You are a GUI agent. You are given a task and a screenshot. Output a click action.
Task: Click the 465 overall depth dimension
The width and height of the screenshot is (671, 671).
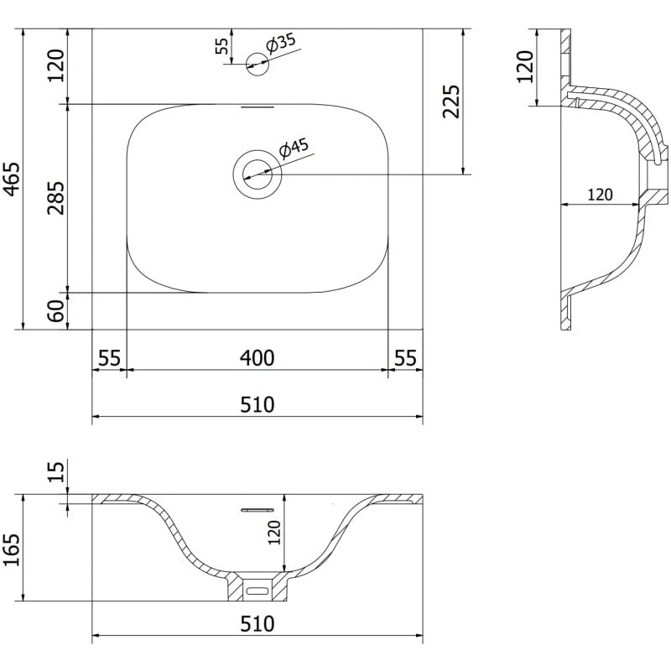[12, 179]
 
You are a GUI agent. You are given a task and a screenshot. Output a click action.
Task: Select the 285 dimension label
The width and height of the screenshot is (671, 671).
[56, 199]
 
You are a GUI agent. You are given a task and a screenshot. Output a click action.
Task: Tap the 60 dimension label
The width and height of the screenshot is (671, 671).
[56, 311]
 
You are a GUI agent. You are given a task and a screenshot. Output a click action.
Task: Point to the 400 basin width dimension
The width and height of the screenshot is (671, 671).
[257, 358]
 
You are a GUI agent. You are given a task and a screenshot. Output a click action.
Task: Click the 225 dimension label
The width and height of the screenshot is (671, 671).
[451, 101]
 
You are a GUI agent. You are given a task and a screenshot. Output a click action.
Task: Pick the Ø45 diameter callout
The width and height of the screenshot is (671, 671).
[294, 148]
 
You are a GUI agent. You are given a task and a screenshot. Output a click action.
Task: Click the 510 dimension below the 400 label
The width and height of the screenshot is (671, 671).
[257, 405]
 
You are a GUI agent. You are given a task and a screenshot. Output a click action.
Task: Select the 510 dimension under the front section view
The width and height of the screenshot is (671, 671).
[257, 625]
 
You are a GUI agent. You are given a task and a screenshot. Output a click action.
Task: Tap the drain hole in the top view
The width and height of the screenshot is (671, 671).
[257, 174]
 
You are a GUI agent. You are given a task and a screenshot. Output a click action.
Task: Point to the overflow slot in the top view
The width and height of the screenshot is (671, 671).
[257, 107]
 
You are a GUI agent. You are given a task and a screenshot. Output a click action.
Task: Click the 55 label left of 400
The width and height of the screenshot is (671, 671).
[108, 358]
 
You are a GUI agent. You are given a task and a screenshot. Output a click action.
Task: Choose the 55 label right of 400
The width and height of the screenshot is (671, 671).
[405, 358]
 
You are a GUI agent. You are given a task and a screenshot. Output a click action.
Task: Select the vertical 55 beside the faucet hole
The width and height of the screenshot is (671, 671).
[221, 45]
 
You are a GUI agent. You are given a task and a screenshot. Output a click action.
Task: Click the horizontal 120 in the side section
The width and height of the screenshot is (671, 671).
[599, 195]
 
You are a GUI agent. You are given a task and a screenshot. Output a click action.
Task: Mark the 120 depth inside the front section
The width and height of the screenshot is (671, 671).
[273, 531]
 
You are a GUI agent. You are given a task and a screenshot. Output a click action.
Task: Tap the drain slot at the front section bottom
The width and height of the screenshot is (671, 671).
[257, 590]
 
